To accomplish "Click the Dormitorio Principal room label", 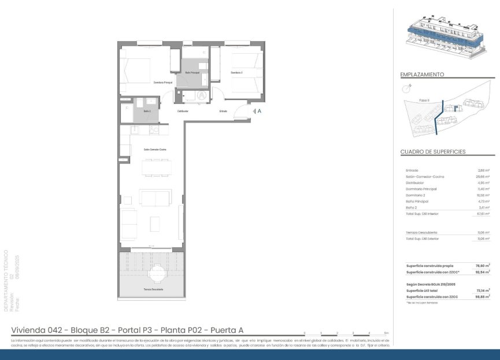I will [x=163, y=83].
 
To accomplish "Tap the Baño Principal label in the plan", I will [x=192, y=73].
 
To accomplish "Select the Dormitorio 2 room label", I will [x=236, y=73].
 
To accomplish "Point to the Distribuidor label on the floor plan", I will [x=183, y=111].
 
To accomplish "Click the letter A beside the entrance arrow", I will [x=260, y=111].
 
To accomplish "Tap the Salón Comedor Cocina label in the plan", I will [x=155, y=150].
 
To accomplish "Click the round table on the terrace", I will [x=157, y=272].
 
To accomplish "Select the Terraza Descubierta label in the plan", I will [x=153, y=289].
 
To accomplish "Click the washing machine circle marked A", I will [x=202, y=95].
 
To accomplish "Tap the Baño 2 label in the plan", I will [x=147, y=111].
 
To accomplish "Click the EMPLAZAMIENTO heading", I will [x=422, y=75].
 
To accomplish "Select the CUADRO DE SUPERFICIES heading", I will [x=433, y=152].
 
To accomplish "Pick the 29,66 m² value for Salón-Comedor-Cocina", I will [x=483, y=177].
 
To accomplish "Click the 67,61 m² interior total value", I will [x=483, y=214].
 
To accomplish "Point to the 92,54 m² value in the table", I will [x=483, y=272].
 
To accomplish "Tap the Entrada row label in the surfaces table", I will [x=412, y=170].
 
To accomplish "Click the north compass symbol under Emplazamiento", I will [x=408, y=88].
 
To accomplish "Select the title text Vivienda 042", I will [x=38, y=330].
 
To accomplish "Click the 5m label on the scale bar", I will [x=386, y=333].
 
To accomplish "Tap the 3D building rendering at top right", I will [x=446, y=38].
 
